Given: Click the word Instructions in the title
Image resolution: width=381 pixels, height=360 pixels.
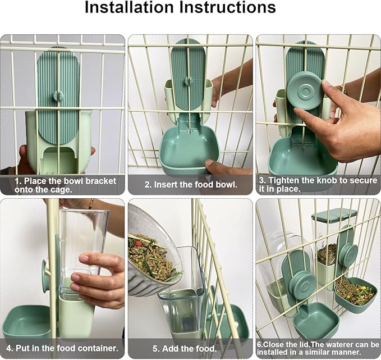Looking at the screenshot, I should pos(229,8).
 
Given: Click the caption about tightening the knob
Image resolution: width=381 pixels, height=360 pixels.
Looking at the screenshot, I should pos(318,185).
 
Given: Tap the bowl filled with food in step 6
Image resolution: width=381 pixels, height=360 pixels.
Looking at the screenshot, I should pos(355,292).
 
